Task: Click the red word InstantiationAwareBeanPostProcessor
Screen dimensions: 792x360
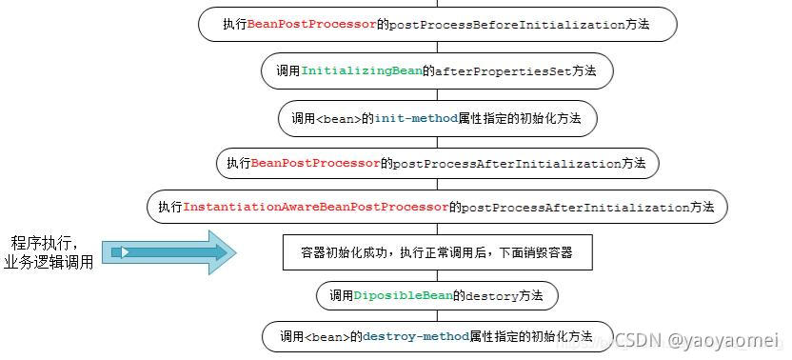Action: [x=315, y=207]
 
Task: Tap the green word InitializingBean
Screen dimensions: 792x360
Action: [x=362, y=70]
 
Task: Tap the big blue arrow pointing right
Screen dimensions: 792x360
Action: [x=167, y=251]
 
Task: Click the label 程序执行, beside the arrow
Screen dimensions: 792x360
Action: [x=50, y=241]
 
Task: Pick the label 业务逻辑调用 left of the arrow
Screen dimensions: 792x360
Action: [x=49, y=263]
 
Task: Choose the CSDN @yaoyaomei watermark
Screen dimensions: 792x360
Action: [x=696, y=340]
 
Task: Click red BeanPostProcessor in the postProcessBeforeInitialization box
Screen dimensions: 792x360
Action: [x=311, y=25]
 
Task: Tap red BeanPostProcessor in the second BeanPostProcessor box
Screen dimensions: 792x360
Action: [x=315, y=163]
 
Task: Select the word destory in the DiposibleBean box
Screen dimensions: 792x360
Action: [x=490, y=296]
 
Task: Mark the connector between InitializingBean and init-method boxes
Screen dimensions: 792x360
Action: [x=437, y=94]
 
